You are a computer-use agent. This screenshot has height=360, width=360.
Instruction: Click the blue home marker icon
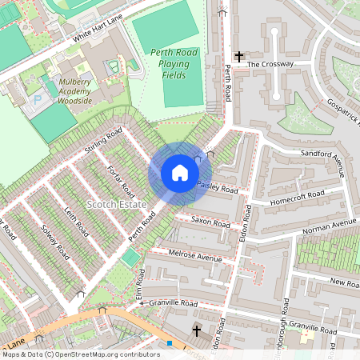pos(180,173)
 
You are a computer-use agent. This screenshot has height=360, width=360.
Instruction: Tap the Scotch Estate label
pos(114,204)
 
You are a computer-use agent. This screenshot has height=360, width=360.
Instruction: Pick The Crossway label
pos(270,64)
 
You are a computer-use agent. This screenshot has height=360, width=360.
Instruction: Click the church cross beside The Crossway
pos(238,57)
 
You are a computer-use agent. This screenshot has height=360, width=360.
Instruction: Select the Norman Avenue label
pos(328,227)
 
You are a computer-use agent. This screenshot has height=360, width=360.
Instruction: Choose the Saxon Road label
pos(210,220)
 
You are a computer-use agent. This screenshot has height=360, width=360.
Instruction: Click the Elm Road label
pos(140,285)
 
